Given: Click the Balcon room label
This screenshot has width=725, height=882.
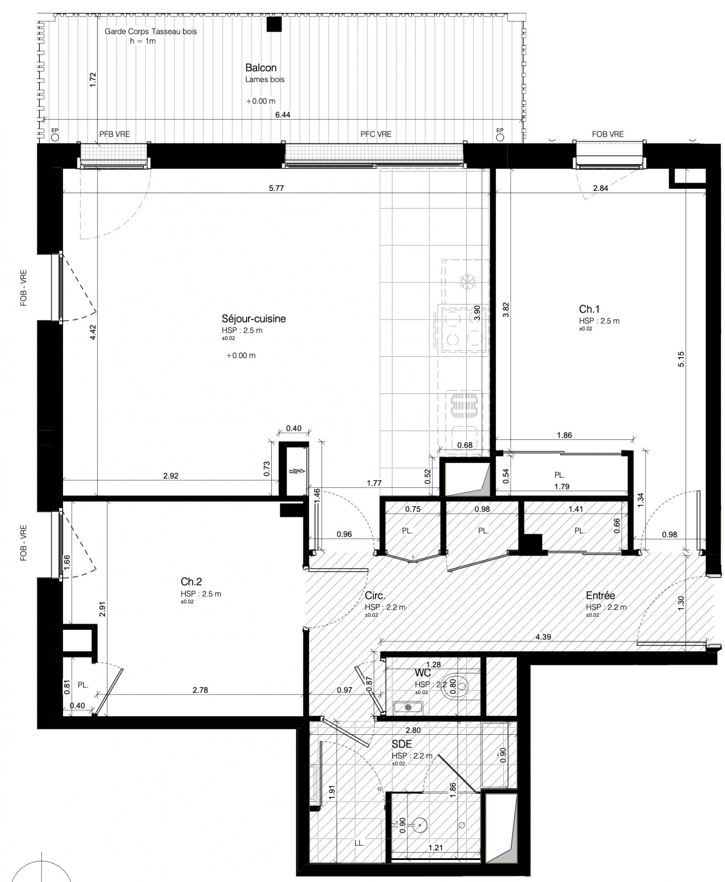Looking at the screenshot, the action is click(x=261, y=67).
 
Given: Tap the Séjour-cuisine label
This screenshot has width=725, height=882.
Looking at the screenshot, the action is click(x=254, y=318).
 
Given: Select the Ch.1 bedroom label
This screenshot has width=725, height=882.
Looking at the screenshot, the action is click(x=590, y=309).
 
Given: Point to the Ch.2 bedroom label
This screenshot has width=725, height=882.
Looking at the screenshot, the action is click(x=191, y=582).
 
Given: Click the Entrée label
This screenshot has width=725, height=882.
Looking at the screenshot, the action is click(x=600, y=595).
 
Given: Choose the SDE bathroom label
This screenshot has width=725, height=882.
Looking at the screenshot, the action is click(x=402, y=744).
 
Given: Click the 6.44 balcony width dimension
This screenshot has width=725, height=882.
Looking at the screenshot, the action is click(x=283, y=115).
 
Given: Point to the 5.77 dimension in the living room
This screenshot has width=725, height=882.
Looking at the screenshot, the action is click(x=276, y=188).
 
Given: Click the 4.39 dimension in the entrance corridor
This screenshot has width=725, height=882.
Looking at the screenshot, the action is click(x=543, y=637).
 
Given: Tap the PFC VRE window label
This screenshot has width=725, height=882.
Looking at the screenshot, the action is click(x=376, y=134).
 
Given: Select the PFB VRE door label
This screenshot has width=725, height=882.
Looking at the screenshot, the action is click(x=115, y=134).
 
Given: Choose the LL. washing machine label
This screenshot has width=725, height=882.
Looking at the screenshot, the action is click(x=359, y=843).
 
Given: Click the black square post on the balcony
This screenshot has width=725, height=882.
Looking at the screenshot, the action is click(x=274, y=24).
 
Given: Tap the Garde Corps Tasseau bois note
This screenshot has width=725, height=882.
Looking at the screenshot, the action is click(x=150, y=32).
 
